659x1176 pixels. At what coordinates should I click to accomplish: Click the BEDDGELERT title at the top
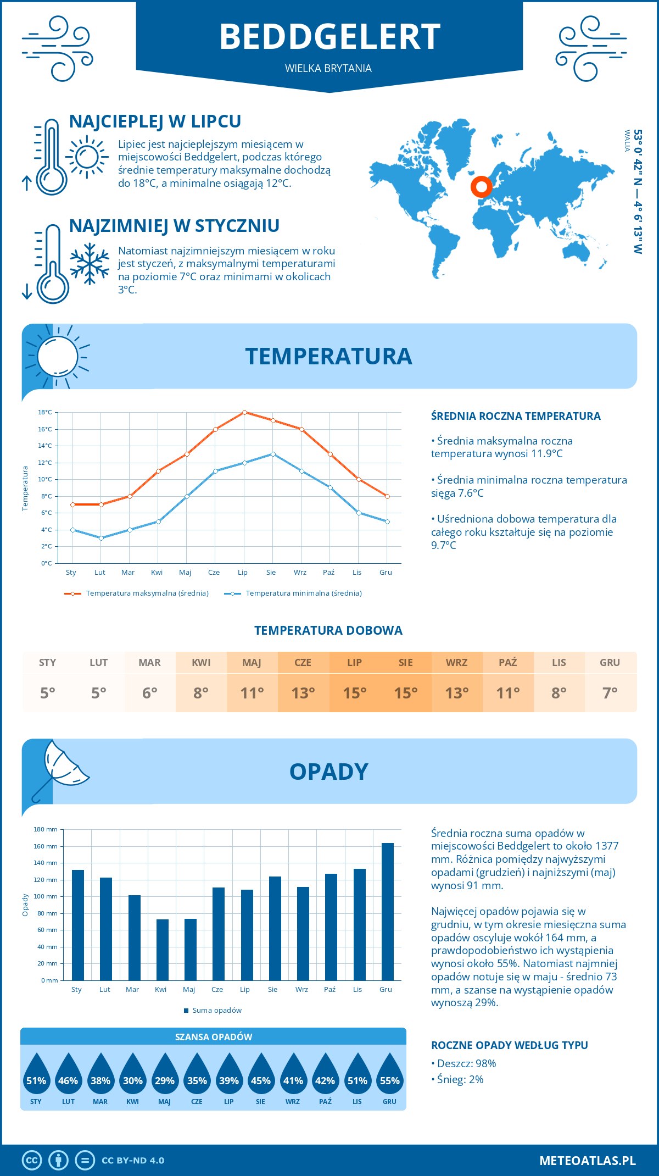[329, 37]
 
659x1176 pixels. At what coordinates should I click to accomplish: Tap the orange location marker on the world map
[481, 187]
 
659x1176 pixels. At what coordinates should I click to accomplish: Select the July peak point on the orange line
[244, 412]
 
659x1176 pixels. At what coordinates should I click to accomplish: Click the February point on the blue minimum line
[101, 538]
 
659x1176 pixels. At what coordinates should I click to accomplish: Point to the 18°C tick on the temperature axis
[45, 412]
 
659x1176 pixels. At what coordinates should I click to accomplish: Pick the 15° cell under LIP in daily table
[354, 693]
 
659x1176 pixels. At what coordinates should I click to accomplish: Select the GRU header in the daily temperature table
[610, 663]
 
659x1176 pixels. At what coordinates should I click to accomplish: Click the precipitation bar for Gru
[388, 912]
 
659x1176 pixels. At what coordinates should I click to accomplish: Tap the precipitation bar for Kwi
[163, 950]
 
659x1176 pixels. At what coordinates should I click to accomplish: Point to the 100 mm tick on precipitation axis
[46, 896]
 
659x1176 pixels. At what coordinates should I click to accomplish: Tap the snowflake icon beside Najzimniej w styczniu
[90, 264]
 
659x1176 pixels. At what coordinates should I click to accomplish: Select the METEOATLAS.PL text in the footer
[587, 1161]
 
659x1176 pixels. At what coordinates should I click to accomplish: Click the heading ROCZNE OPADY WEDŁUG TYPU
[509, 1045]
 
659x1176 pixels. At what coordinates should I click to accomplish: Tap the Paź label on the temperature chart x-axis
[328, 573]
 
